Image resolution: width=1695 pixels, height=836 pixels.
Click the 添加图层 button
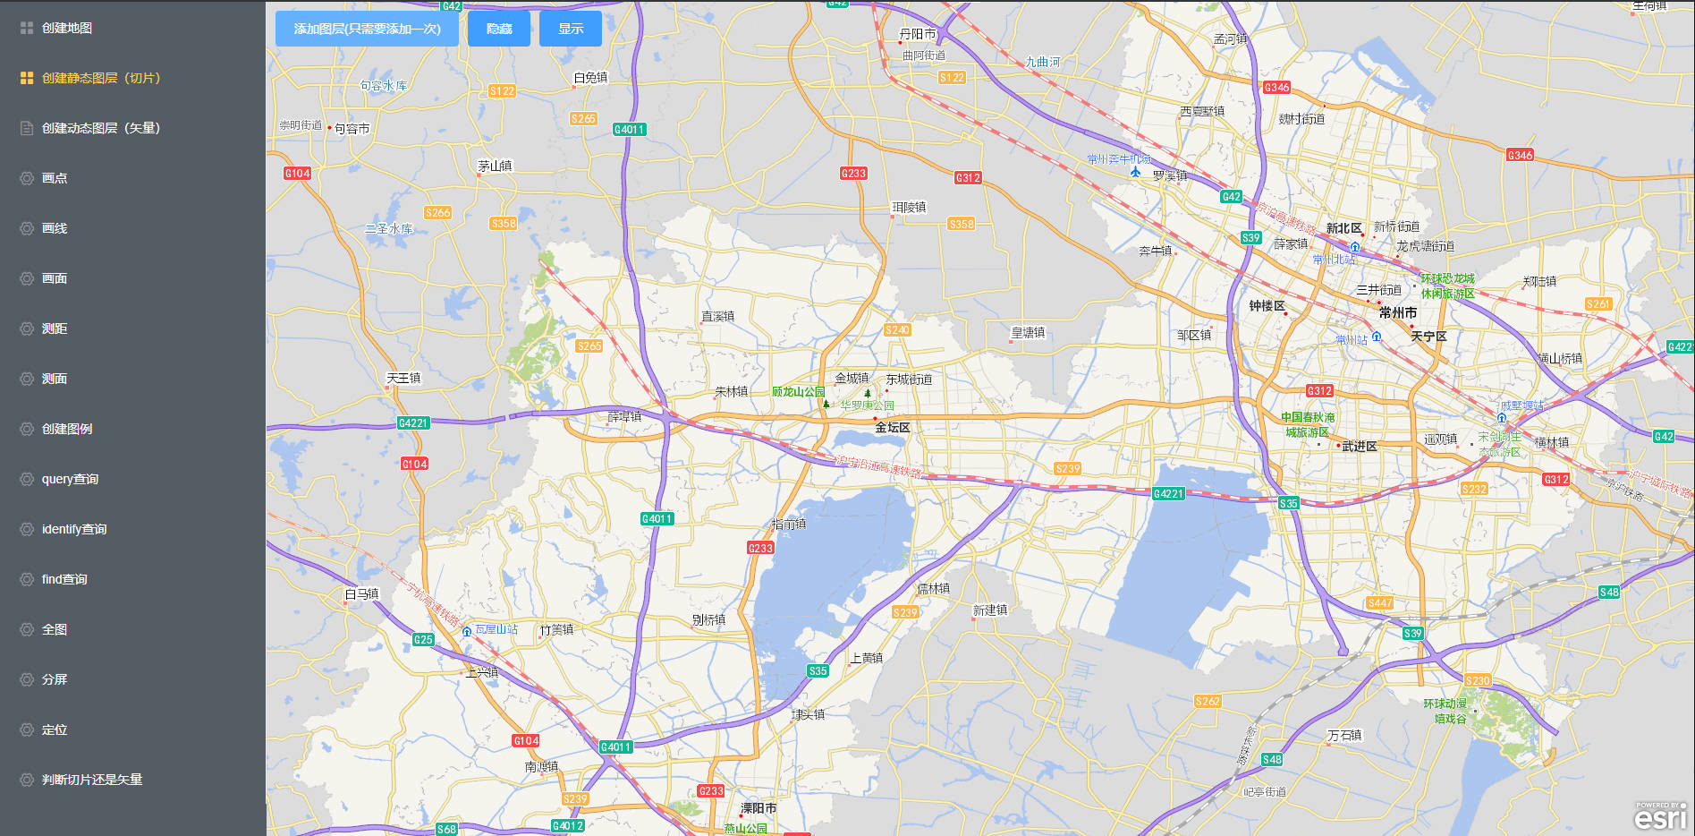coord(367,29)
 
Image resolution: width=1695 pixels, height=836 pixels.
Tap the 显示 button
coord(571,29)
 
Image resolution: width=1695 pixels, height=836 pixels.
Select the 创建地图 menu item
coord(67,28)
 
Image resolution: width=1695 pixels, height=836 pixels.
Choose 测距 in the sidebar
coord(55,328)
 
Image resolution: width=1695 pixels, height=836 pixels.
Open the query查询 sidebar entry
coord(70,479)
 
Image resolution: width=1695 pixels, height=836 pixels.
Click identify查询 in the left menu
coord(73,529)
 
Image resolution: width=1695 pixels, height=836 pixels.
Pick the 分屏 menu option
coord(55,679)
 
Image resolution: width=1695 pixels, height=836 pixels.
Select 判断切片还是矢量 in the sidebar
coord(92,780)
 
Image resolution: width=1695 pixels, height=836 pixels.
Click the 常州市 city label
coord(1397,312)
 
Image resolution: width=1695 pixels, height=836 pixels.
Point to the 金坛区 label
coord(892,428)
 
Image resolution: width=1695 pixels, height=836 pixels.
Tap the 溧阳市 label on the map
coord(758,808)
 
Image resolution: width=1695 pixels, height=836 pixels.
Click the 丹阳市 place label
coord(917,34)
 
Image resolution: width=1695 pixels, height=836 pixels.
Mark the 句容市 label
coord(352,129)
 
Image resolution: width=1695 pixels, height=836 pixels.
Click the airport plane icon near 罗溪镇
coord(1135,172)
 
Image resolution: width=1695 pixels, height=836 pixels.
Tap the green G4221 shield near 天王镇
coord(413,423)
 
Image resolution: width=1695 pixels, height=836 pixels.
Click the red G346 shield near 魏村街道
coord(1276,87)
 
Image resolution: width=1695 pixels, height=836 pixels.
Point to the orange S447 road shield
coord(1379,603)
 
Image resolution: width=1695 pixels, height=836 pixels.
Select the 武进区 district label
coord(1359,446)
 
